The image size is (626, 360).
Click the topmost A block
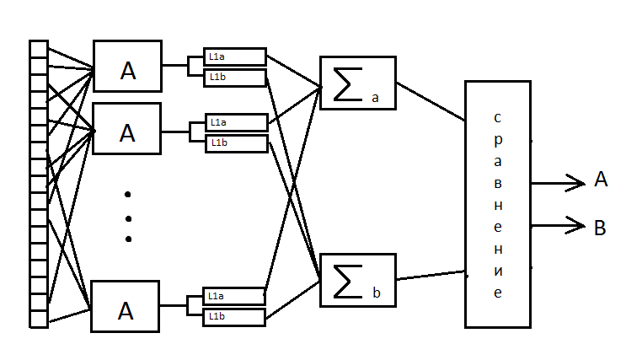(x=126, y=66)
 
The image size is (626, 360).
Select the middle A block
(x=126, y=129)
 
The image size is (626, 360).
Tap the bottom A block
(x=126, y=306)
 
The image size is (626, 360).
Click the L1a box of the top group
(x=235, y=56)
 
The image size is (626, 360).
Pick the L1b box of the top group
(x=235, y=78)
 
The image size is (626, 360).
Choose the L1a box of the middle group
(x=236, y=123)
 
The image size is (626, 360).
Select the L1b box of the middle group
(x=236, y=143)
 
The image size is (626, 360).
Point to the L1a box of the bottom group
(x=235, y=296)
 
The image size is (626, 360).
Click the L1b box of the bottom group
(x=235, y=317)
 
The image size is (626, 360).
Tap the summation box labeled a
(x=357, y=83)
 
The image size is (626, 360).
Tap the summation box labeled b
(x=357, y=280)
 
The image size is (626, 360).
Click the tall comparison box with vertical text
(x=497, y=203)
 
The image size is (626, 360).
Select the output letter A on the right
(x=600, y=179)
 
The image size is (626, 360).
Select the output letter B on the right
(x=600, y=227)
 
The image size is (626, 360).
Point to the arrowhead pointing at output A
(x=581, y=182)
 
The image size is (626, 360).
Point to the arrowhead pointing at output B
(x=581, y=225)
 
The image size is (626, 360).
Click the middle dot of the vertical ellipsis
(x=128, y=218)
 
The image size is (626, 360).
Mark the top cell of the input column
(x=39, y=48)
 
